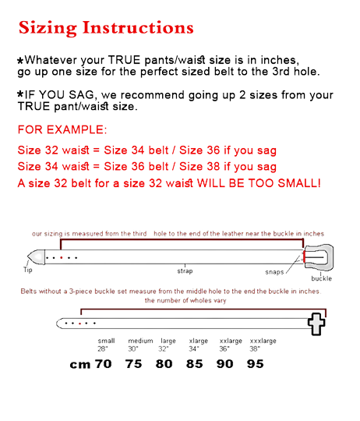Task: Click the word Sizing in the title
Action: [48, 28]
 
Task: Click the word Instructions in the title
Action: [138, 27]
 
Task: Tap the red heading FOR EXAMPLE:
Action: [62, 129]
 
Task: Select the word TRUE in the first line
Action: [124, 60]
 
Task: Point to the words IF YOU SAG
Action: [59, 95]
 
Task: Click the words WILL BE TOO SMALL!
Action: [259, 183]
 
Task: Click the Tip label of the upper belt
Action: [28, 270]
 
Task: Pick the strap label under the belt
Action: [185, 271]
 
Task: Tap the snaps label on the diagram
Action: [274, 272]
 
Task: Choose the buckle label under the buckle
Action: [321, 278]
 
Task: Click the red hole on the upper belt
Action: [62, 258]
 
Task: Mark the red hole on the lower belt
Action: [80, 324]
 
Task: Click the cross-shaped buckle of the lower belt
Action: [316, 324]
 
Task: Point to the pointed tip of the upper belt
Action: [28, 256]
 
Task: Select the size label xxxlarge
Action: [263, 341]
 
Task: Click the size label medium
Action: [140, 341]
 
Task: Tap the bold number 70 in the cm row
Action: [104, 364]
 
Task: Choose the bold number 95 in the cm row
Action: [256, 364]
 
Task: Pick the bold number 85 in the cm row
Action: [195, 364]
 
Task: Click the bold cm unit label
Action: [80, 365]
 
